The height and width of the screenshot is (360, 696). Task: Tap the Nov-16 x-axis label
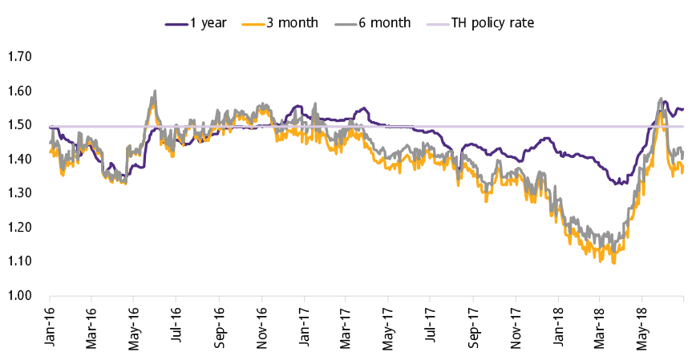pyautogui.click(x=262, y=326)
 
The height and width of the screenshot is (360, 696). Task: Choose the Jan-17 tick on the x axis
pyautogui.click(x=306, y=326)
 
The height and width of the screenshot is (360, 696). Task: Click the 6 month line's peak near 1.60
pyautogui.click(x=154, y=91)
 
